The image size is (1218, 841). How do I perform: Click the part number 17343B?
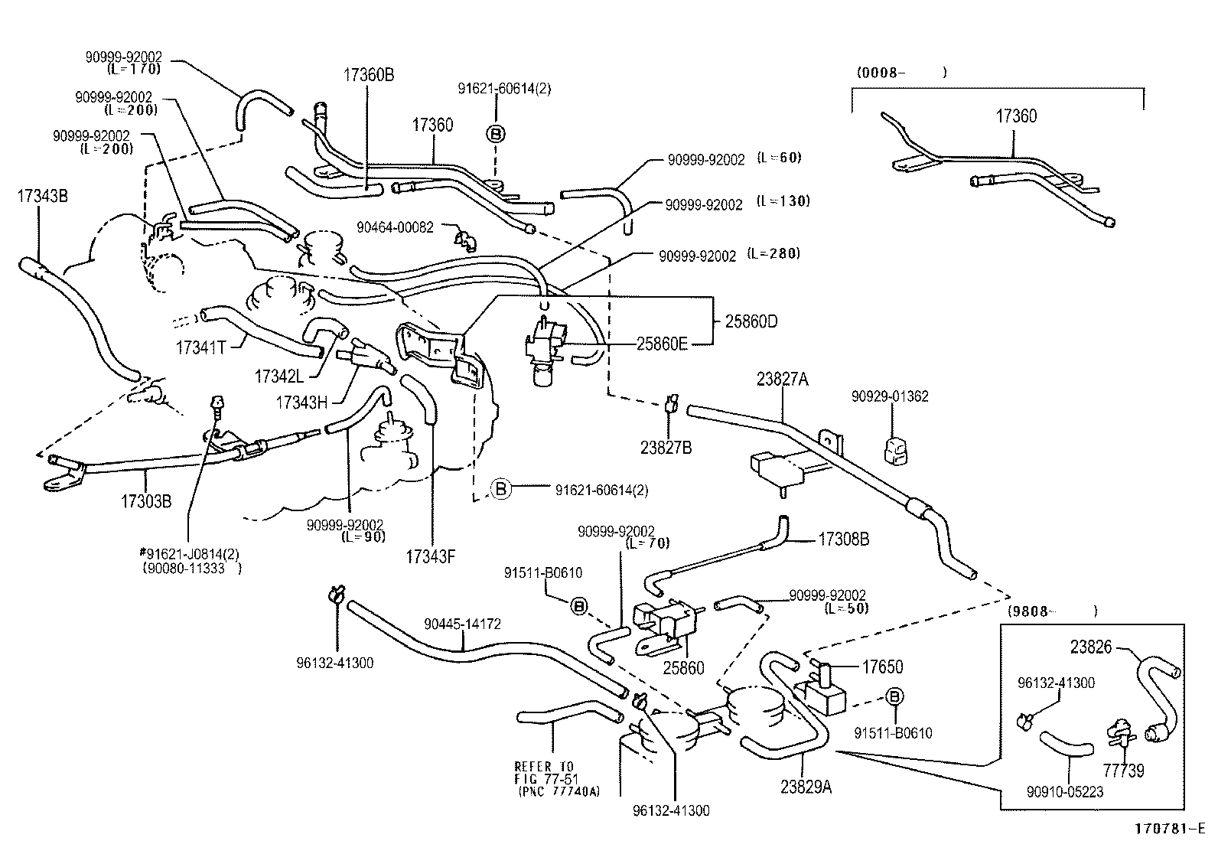coord(43,197)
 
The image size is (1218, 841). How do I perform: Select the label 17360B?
coord(369,74)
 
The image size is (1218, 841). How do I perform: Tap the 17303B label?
coord(145,502)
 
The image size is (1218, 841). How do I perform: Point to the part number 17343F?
coord(431,556)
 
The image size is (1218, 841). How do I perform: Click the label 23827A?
coord(783,380)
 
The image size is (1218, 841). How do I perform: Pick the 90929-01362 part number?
coord(890,396)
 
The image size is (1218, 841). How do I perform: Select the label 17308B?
coord(844,539)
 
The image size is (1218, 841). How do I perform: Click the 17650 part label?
coord(883,667)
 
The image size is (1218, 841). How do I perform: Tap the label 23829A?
coord(806,785)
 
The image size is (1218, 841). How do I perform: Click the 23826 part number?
coord(1091,647)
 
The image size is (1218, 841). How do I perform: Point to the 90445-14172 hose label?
coord(462,624)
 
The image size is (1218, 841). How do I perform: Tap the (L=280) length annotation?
coord(773,254)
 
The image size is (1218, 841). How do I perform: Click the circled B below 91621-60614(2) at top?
coord(495,135)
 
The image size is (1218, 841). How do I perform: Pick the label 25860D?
coord(751,321)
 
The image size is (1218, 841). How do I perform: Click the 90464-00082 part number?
coord(395,227)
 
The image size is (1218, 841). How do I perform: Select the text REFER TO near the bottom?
coord(544,767)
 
